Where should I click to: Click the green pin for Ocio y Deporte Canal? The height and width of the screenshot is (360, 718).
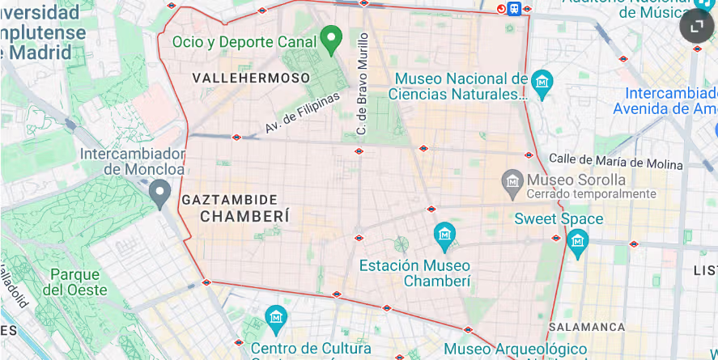[329, 37]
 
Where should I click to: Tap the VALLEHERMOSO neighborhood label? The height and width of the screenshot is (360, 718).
[251, 78]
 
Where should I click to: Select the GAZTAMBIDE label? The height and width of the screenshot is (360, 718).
[230, 199]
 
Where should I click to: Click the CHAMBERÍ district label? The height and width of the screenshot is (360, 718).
[244, 217]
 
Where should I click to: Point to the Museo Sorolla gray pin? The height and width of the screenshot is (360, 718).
[512, 180]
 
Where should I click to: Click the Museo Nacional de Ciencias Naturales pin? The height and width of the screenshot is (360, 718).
[542, 81]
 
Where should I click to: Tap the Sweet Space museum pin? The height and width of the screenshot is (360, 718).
[577, 240]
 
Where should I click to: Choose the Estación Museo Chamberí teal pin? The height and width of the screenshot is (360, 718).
[444, 235]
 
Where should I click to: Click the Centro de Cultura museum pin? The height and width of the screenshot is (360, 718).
[276, 316]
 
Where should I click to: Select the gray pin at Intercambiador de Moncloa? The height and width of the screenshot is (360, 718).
[159, 192]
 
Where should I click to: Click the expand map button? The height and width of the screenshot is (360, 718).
[696, 27]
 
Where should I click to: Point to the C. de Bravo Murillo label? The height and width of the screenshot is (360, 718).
[363, 83]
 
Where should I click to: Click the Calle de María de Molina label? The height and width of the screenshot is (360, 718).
[615, 161]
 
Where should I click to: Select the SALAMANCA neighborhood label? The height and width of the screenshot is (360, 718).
[587, 327]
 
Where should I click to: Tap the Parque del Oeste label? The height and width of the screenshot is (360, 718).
[74, 282]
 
